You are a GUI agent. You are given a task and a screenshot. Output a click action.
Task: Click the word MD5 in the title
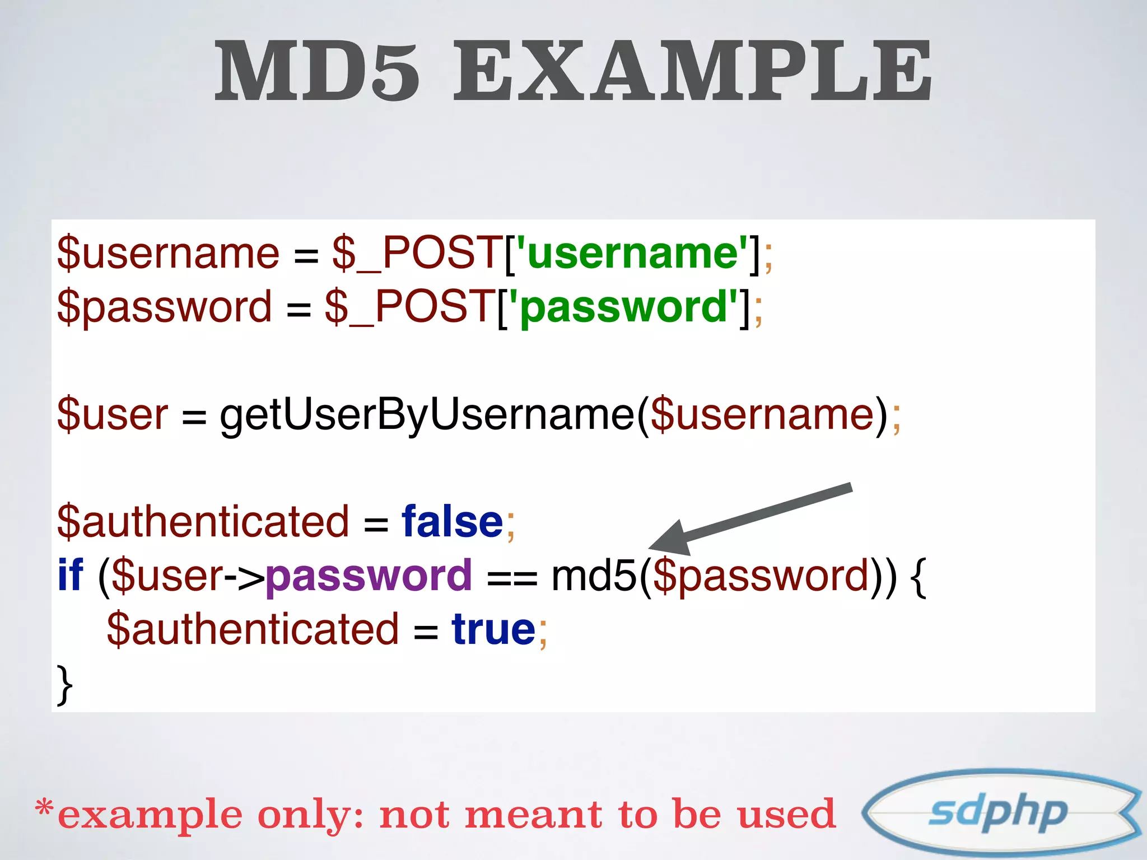point(317,72)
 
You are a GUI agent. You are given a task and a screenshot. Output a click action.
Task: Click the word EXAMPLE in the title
point(692,72)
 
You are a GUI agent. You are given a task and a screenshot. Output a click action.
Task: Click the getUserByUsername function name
point(427,415)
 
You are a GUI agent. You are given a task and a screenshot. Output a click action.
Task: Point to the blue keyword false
point(453,522)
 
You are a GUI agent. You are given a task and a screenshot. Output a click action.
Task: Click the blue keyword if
point(70,576)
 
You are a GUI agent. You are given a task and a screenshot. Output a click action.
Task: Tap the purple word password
point(369,576)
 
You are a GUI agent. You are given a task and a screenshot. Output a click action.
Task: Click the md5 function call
point(594,576)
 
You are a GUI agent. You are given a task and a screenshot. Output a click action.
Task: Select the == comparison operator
point(512,578)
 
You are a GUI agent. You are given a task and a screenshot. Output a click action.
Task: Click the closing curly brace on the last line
point(65,684)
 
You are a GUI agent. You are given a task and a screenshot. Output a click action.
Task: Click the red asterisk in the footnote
point(44,808)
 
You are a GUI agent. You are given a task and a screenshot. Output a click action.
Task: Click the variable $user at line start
point(112,415)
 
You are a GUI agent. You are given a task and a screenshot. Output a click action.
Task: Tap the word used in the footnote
point(786,815)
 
